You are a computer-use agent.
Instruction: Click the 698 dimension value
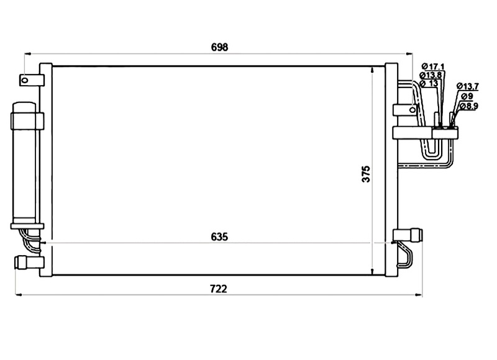[x=219, y=47]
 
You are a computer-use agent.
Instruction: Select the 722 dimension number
[x=219, y=289]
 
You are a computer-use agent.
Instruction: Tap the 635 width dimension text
[x=219, y=237]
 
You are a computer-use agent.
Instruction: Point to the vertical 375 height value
[x=366, y=174]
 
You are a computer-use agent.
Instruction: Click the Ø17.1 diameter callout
[x=433, y=66]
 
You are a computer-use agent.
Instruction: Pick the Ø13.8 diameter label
[x=431, y=75]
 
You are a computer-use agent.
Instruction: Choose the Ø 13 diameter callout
[x=429, y=83]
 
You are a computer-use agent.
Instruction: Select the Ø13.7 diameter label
[x=468, y=86]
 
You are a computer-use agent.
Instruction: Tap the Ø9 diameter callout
[x=467, y=96]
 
